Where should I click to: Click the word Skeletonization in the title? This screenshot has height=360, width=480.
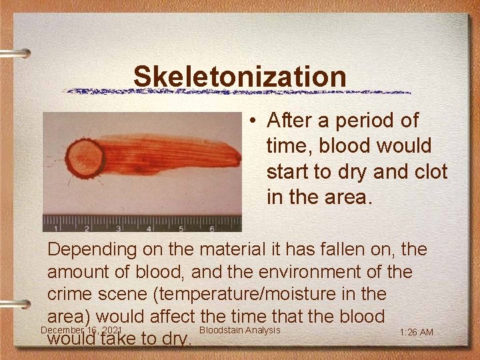(x=240, y=76)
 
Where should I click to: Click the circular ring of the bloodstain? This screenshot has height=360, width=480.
(x=84, y=158)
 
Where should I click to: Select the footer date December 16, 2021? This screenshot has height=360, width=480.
(x=80, y=330)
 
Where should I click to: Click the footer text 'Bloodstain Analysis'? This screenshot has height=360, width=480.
(x=239, y=330)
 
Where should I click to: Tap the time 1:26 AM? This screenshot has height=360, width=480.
(x=417, y=332)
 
